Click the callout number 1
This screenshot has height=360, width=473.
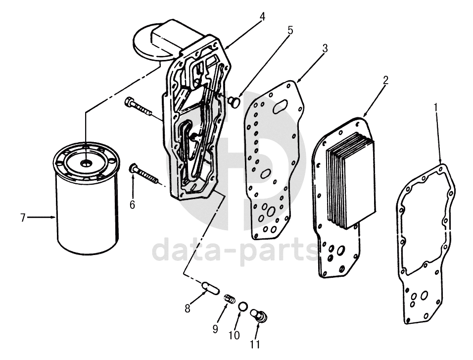point(435,108)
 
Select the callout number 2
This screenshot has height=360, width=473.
point(385,80)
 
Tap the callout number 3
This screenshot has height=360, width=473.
point(325,49)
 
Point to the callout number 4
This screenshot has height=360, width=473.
point(262,17)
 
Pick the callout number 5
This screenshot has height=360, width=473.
point(290,30)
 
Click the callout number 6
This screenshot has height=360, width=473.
point(133,205)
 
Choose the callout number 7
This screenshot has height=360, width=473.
point(23,217)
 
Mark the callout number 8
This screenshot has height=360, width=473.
point(188,309)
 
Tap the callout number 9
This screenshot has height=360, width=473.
point(215,329)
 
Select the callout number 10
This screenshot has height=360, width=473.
point(234,335)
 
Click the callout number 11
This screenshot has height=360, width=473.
point(255,344)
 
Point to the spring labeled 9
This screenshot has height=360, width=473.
point(229,299)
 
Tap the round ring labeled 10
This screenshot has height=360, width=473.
point(242,306)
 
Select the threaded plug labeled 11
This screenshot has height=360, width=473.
point(259,315)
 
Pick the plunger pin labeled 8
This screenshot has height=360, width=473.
point(211,287)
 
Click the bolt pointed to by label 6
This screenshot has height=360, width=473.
point(145,173)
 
